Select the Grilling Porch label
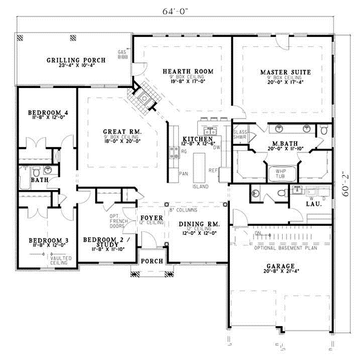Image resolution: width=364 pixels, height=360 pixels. coord(76,60)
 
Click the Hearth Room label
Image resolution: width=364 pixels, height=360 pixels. coord(183,72)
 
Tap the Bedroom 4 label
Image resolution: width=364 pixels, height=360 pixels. coord(47,112)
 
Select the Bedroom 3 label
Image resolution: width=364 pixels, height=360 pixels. coord(48,240)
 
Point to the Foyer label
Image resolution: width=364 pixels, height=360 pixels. coord(150,217)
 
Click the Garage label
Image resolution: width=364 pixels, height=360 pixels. coord(280,266)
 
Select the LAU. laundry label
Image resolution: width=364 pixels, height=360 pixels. coord(313,204)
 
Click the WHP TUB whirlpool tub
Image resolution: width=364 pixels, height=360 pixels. coord(281,172)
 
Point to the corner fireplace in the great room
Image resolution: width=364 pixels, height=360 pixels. coord(145,97)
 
